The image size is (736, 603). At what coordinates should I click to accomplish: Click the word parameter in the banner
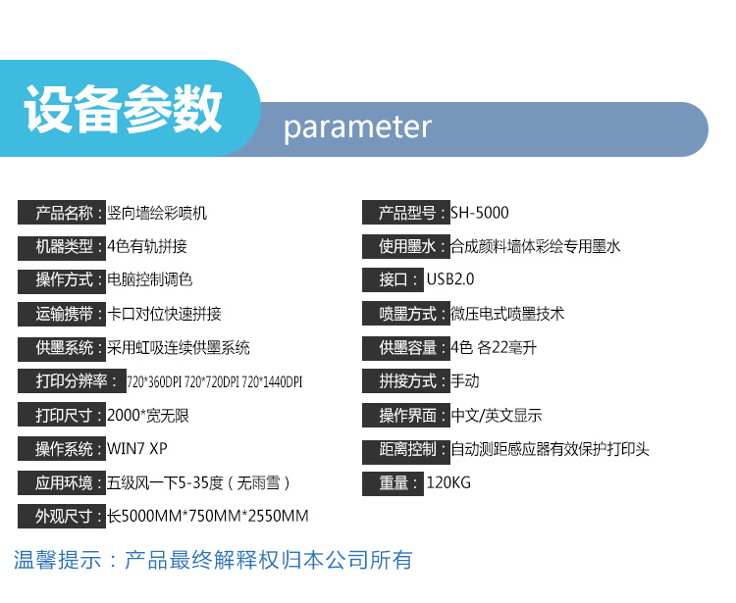pos(357,127)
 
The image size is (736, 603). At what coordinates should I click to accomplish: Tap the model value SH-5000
pos(480,213)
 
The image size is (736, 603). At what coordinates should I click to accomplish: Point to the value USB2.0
pos(450,280)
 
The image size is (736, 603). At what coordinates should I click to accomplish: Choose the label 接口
pos(394,280)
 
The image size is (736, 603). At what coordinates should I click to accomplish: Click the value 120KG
pos(450,482)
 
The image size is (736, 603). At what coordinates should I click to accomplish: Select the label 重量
pos(394,482)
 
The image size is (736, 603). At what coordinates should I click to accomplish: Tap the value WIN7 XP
pos(136,449)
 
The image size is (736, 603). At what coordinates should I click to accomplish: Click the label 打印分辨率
pos(70,381)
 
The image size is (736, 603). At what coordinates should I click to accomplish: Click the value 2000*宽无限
pos(148,416)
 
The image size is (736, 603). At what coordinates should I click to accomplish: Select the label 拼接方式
pos(405,381)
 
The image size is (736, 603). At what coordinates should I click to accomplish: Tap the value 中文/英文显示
pos(497,416)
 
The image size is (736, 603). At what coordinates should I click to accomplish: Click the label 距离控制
pos(405,449)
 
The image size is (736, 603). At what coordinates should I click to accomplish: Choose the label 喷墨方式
pos(405,314)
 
